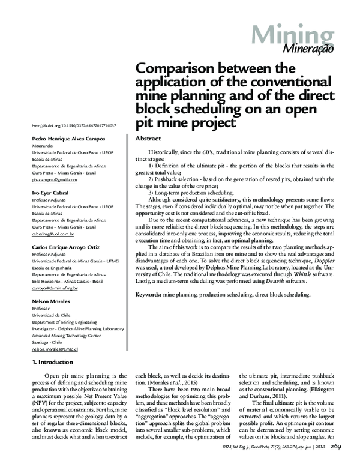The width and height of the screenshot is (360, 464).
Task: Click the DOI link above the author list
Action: (73, 126)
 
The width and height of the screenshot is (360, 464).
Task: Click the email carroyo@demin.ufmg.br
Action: (54, 288)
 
